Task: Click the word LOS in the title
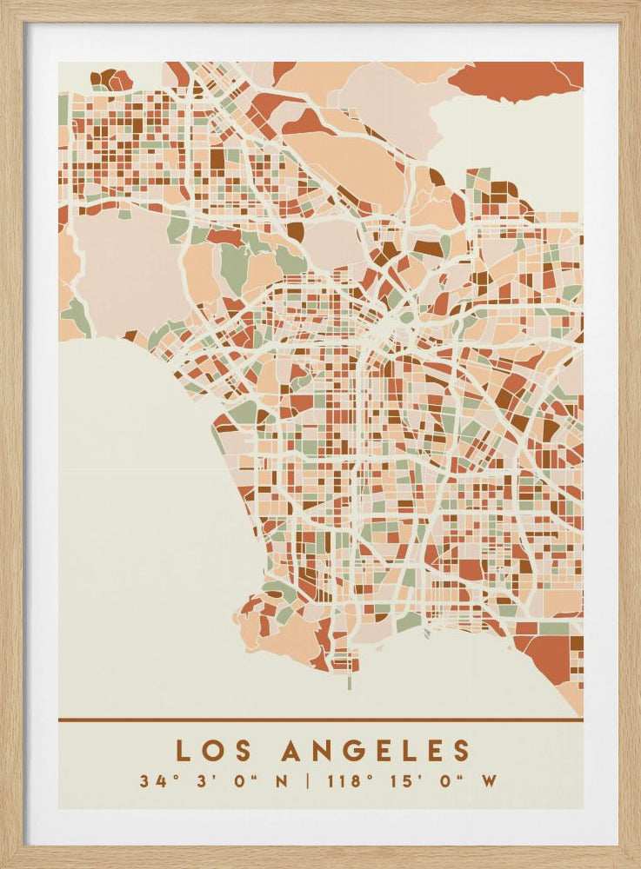point(209,751)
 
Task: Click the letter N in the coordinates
point(280,780)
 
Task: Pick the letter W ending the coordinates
point(490,780)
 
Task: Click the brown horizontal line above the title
point(320,720)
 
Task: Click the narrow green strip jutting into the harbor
point(349,682)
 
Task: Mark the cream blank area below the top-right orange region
point(513,139)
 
